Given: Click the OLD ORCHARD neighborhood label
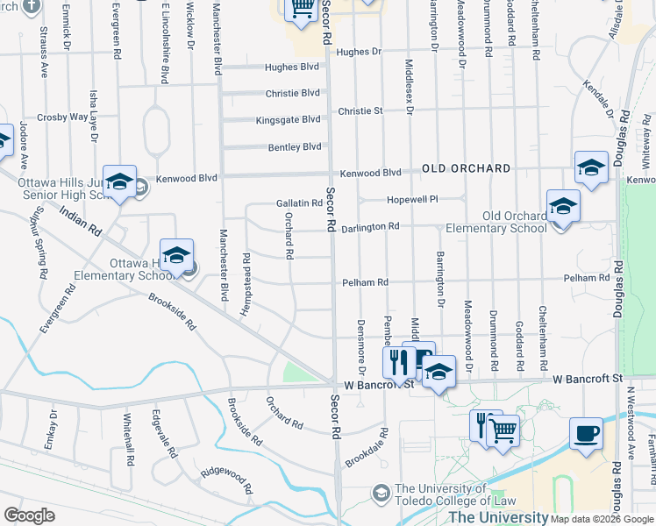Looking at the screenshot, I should pyautogui.click(x=466, y=168).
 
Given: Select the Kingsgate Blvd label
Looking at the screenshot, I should pyautogui.click(x=289, y=120).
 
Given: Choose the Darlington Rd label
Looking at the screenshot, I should pyautogui.click(x=370, y=226).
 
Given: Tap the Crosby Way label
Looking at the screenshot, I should pyautogui.click(x=62, y=117).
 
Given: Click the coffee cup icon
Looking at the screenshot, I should pyautogui.click(x=585, y=433).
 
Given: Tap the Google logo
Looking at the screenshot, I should pyautogui.click(x=29, y=515).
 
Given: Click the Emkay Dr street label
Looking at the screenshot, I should pyautogui.click(x=53, y=428).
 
